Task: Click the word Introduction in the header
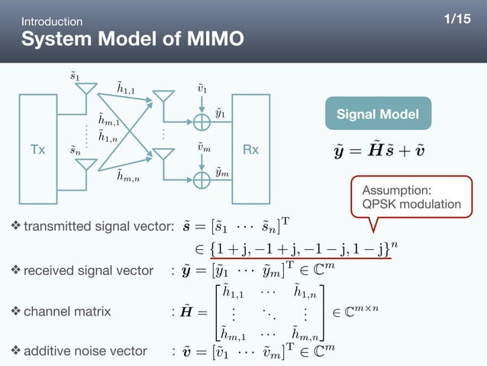52,21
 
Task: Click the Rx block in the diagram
250,150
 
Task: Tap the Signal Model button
378,115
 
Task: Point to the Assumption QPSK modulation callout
411,197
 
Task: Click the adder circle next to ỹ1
202,122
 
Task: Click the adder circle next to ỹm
202,180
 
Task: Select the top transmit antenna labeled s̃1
85,88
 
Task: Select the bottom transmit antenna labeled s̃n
85,164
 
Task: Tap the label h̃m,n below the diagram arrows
128,177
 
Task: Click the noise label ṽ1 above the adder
202,90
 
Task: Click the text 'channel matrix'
67,311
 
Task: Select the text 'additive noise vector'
85,351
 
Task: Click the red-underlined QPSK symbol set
295,248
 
